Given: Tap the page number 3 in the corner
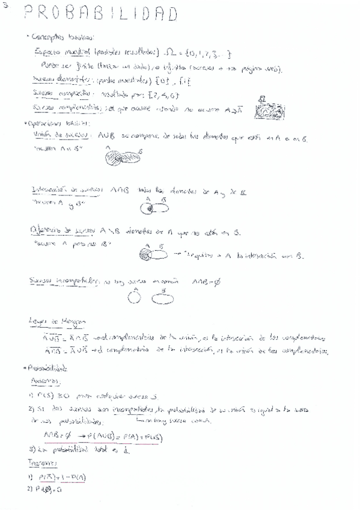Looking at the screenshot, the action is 4,4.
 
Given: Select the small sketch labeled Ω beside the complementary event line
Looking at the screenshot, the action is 265,109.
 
